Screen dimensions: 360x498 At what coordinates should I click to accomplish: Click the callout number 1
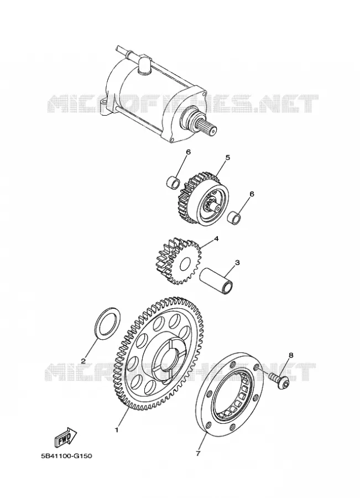[117, 430]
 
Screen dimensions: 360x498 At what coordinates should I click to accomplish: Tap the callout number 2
[83, 360]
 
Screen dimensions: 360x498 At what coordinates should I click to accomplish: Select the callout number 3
[237, 263]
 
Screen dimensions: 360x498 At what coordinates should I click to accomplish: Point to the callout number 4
[216, 238]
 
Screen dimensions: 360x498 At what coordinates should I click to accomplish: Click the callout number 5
[228, 158]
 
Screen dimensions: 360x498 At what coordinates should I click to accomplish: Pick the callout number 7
[198, 453]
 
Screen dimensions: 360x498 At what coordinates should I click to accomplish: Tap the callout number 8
[291, 355]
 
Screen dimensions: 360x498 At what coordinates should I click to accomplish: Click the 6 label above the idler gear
[188, 152]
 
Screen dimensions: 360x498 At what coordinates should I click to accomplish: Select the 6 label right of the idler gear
[252, 194]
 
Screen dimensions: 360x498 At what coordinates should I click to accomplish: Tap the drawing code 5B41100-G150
[66, 456]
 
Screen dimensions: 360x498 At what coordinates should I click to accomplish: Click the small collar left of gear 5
[174, 182]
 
